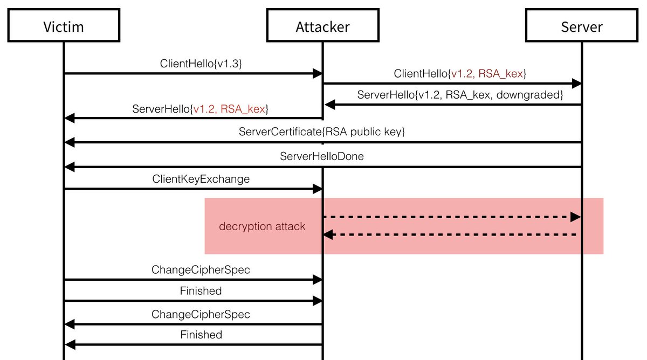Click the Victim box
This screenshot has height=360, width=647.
64,26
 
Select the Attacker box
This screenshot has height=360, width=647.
322,26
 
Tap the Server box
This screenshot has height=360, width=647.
582,26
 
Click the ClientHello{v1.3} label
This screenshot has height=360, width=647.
201,63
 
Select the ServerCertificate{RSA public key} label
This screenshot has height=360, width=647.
321,131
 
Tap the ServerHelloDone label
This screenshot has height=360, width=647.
321,157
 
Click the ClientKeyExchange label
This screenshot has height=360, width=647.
201,179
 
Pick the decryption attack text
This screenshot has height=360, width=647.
262,226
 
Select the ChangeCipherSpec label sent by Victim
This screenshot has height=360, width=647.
201,269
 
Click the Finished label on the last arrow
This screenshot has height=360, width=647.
201,335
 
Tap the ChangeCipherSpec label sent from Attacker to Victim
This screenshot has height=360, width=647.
201,314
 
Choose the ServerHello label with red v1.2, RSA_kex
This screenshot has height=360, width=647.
201,108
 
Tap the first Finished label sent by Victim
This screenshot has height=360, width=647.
201,291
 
